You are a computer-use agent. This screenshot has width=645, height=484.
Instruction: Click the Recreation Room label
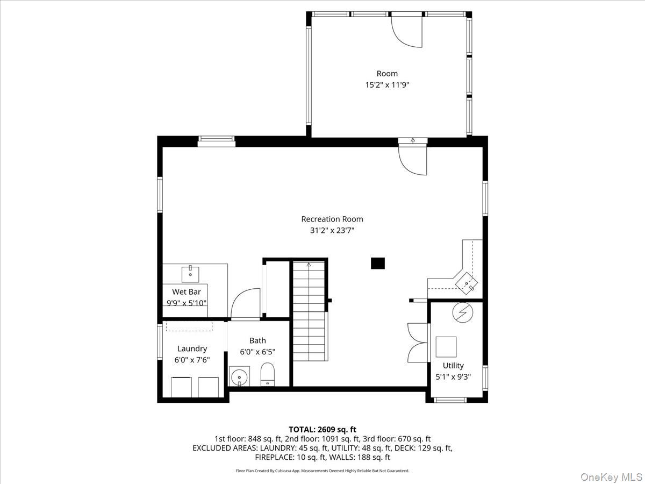tap(332, 219)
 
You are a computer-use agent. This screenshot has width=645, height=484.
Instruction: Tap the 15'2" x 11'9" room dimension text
tap(387, 84)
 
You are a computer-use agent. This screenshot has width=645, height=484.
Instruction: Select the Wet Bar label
tap(187, 292)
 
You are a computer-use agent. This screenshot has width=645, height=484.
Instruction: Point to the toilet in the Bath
tap(268, 374)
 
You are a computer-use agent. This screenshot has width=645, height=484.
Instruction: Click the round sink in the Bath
tap(239, 376)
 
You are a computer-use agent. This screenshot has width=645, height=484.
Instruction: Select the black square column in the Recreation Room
tap(378, 263)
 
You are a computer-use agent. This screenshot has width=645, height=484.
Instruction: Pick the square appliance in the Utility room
tap(446, 347)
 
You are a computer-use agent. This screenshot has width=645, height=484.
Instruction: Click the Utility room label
tap(453, 366)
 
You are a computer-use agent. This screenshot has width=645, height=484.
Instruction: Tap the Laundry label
tap(192, 348)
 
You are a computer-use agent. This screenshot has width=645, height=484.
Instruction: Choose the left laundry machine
tap(181, 387)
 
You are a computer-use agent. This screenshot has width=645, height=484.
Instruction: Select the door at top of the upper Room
tap(407, 31)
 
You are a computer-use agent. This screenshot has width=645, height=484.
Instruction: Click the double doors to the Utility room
tap(418, 343)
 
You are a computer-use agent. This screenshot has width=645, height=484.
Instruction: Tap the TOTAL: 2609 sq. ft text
tap(322, 429)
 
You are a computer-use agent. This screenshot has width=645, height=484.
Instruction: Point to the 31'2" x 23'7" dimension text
tap(332, 230)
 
